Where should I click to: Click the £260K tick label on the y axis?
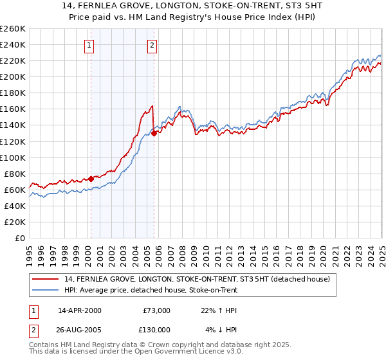click(x=13, y=28)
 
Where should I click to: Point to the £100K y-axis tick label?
click(x=13, y=157)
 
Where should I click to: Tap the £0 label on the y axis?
click(x=21, y=239)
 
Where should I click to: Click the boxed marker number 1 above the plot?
click(x=88, y=45)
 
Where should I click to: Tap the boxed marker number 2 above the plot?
click(x=152, y=45)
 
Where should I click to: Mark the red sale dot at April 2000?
click(x=91, y=179)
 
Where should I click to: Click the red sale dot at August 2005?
click(x=154, y=133)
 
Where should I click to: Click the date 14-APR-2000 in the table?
click(x=80, y=310)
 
